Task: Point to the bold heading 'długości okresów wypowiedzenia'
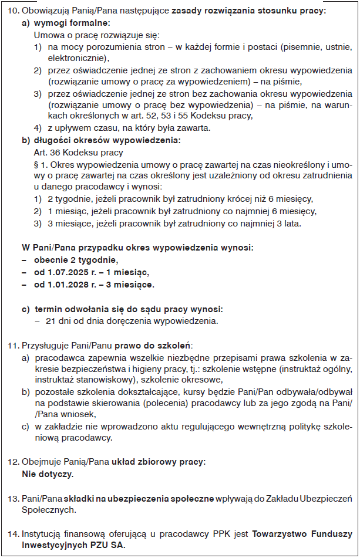(107, 141)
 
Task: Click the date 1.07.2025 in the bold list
(68, 272)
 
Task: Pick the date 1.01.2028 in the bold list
(68, 285)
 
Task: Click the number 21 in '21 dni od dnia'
(51, 320)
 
